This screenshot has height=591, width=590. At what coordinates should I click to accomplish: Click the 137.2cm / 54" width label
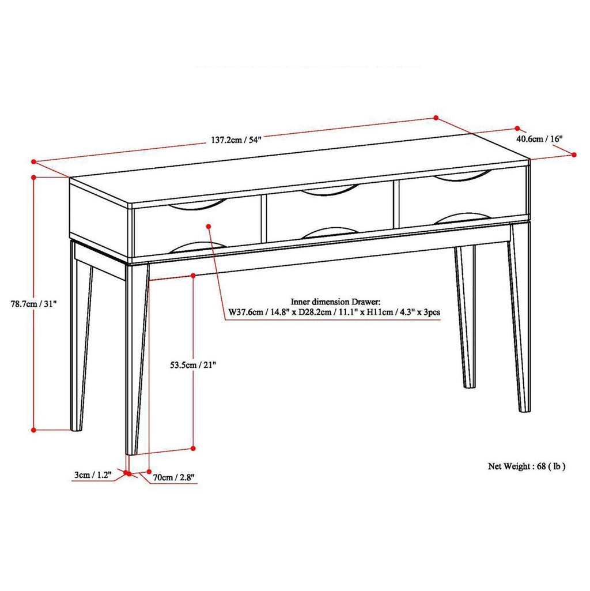pyautogui.click(x=236, y=140)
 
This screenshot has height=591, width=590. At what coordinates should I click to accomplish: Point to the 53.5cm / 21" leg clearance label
pyautogui.click(x=193, y=364)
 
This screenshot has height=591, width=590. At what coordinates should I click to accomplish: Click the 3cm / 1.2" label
pyautogui.click(x=92, y=475)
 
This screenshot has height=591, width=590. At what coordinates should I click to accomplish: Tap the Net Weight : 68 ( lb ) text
pyautogui.click(x=527, y=466)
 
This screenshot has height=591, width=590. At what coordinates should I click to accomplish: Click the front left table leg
pyautogui.click(x=136, y=357)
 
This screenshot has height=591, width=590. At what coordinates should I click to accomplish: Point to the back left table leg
pyautogui.click(x=80, y=340)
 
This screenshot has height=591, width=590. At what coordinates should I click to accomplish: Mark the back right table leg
pyautogui.click(x=466, y=317)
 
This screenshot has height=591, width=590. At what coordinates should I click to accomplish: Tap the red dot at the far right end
pyautogui.click(x=574, y=154)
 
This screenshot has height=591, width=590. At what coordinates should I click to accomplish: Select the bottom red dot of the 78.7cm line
pyautogui.click(x=34, y=430)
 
